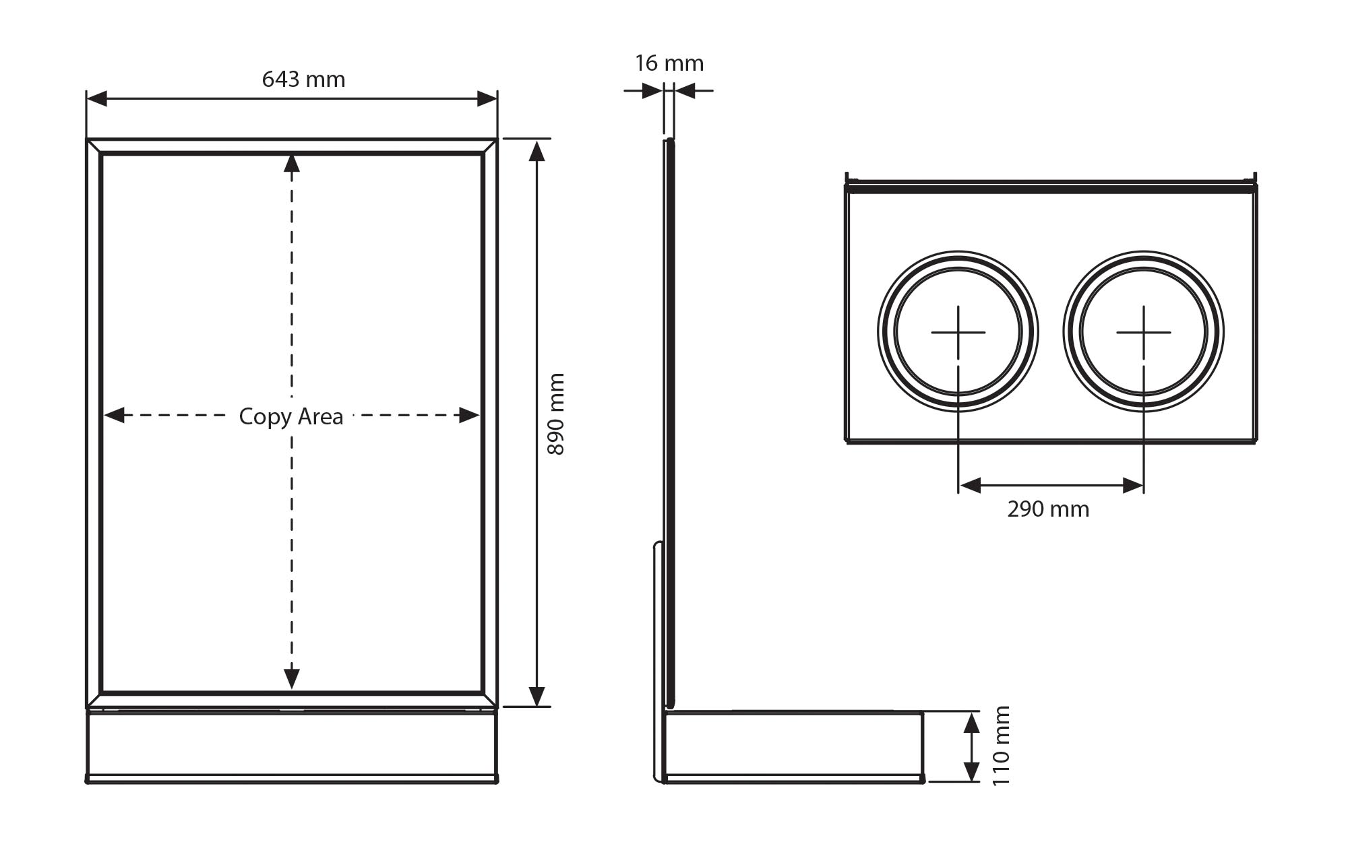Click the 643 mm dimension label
tap(303, 79)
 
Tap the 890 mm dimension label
tap(556, 414)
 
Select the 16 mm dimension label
tap(669, 63)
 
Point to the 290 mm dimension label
tap(1048, 509)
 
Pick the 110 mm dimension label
tap(1001, 746)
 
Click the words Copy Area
tap(291, 416)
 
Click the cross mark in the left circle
tap(958, 332)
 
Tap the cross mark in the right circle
tap(1143, 332)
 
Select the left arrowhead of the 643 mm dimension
tap(97, 99)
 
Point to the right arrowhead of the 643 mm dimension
tap(487, 99)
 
